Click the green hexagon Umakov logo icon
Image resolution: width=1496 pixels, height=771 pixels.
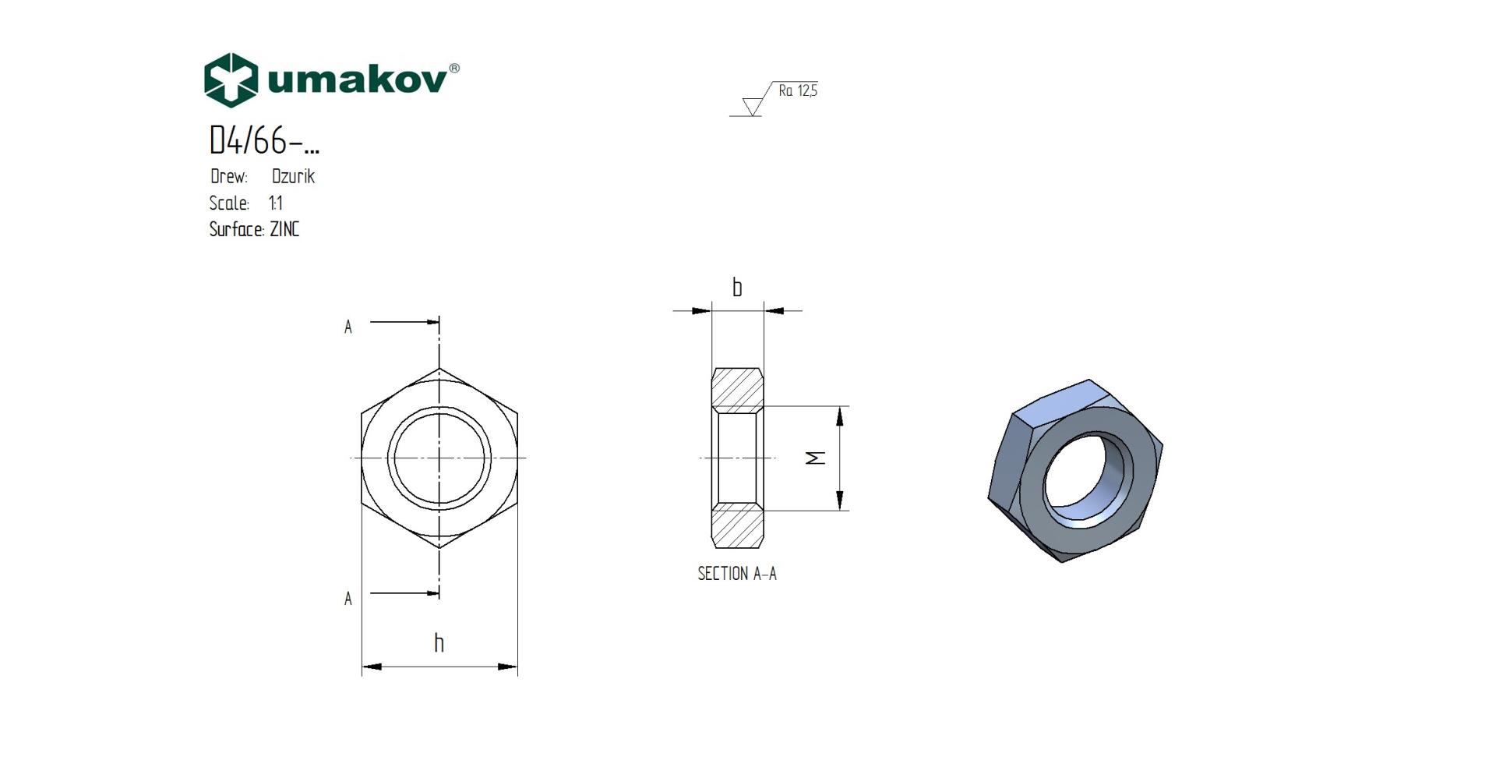(x=231, y=80)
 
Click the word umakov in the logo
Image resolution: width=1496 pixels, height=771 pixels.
(x=358, y=80)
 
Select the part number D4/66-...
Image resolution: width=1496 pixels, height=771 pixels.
(x=264, y=140)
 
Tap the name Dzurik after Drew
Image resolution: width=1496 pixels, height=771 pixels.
(x=294, y=176)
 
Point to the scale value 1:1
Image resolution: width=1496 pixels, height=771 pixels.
(x=276, y=203)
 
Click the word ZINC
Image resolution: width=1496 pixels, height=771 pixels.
(x=284, y=229)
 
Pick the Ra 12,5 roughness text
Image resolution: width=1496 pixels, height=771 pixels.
(x=798, y=91)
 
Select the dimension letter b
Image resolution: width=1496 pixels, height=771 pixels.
(x=737, y=288)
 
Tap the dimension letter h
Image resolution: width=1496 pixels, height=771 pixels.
(x=439, y=642)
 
